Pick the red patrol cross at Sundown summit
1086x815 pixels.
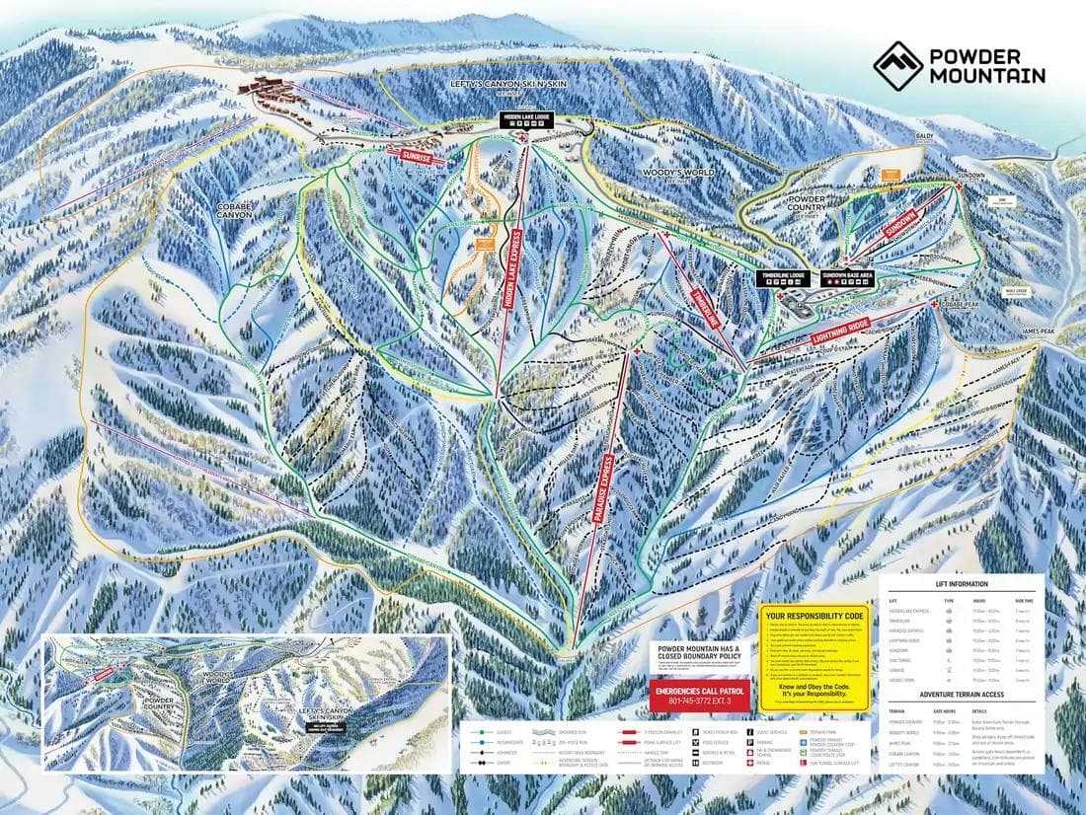959,186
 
